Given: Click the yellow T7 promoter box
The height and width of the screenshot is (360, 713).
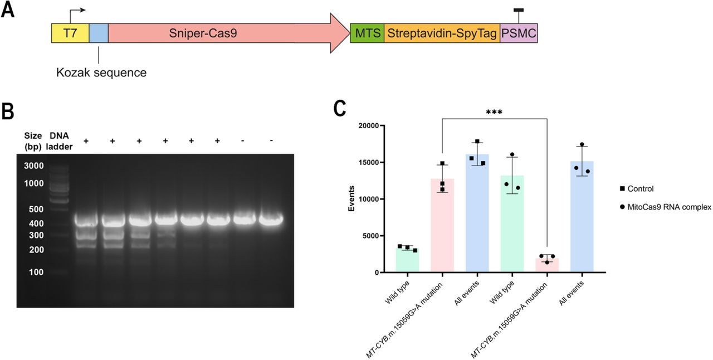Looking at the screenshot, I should coord(70,33).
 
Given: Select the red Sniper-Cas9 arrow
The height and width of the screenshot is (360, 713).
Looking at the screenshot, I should coord(223,33).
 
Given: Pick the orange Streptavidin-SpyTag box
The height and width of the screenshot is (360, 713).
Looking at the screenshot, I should coord(442,33).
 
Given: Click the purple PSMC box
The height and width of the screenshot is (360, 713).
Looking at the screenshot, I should coord(519,33).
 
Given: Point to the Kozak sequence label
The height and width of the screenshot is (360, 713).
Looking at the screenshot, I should coord(101,72).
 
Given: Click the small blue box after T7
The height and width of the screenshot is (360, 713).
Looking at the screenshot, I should coord(99,33).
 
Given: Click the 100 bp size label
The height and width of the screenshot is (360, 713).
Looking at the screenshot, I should coord(37,272).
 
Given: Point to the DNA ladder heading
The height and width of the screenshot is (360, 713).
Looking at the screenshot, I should coord(58,140).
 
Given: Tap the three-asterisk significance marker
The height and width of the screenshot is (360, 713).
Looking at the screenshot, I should coord(494,113).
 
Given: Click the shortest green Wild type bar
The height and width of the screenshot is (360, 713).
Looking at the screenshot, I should coord(407,260).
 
